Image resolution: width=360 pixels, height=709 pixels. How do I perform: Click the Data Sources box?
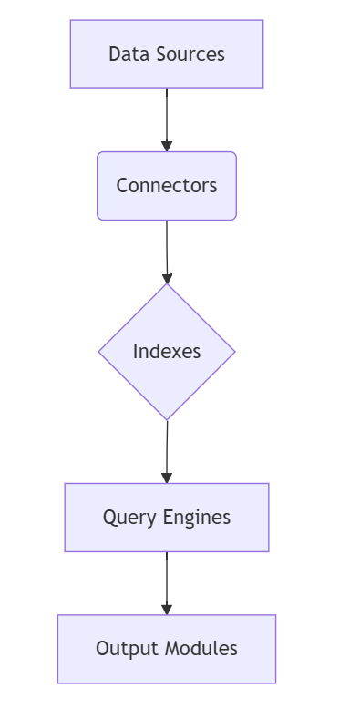167,55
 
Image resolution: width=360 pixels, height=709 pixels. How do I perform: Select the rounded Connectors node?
167,186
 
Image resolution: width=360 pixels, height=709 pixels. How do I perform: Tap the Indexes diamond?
167,352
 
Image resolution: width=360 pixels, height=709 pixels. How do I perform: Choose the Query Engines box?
167,518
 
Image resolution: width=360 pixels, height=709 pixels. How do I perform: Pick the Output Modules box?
167,649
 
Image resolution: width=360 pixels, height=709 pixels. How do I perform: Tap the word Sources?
189,55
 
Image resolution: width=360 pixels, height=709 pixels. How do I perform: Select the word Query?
129,518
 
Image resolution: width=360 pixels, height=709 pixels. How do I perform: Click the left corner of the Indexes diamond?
101,352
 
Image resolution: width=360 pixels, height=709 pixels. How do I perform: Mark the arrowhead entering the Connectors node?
167,146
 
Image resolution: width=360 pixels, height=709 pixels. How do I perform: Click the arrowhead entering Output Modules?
167,609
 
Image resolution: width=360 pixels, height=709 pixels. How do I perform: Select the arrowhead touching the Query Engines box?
167,478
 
